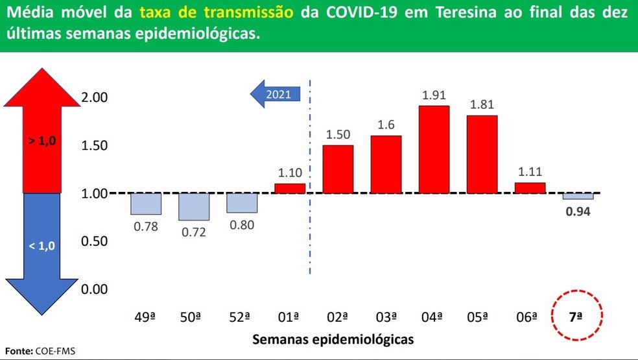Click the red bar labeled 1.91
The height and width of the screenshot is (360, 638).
(434, 149)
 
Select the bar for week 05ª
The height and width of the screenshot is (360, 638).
(481, 154)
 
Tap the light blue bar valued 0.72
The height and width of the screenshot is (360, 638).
(194, 206)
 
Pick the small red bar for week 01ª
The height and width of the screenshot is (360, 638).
(290, 188)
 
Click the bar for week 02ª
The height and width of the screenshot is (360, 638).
(338, 169)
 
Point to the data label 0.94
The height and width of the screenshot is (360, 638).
(578, 211)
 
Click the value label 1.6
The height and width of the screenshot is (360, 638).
(386, 125)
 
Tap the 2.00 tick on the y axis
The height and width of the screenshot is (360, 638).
(95, 97)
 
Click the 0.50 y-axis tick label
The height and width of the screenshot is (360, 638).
(95, 241)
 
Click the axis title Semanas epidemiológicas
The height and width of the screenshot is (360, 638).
(333, 339)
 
